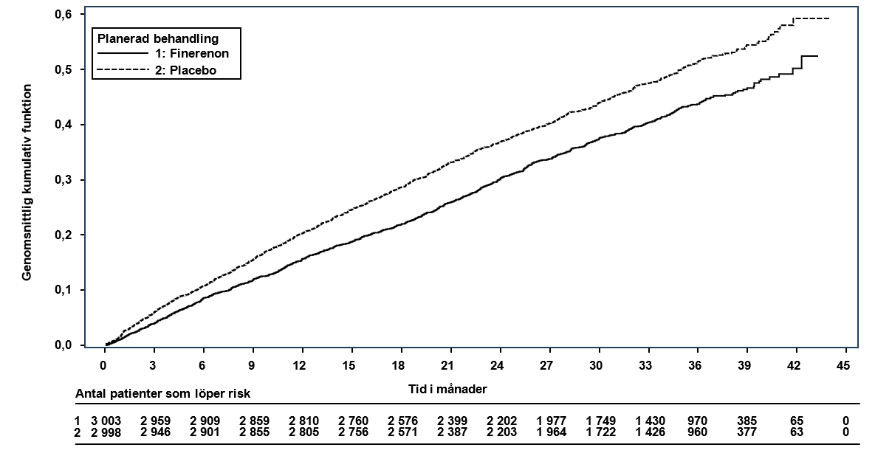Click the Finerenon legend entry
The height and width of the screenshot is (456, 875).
tap(163, 54)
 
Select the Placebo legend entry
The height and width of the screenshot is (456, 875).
tap(157, 70)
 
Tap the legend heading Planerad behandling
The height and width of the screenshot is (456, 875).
tap(158, 38)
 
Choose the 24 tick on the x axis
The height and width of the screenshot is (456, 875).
tap(497, 366)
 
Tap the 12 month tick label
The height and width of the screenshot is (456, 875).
tap(300, 366)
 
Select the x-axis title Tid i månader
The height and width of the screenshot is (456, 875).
tap(447, 389)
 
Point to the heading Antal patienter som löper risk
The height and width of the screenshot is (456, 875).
tap(163, 394)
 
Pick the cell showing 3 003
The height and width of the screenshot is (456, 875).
tap(106, 421)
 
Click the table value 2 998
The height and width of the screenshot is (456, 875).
tap(106, 432)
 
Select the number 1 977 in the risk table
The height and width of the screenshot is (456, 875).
tap(552, 421)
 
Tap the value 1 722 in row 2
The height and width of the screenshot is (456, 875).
tap(600, 432)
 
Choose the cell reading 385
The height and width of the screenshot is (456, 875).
tap(748, 421)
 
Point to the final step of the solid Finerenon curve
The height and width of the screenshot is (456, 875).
tap(810, 56)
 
